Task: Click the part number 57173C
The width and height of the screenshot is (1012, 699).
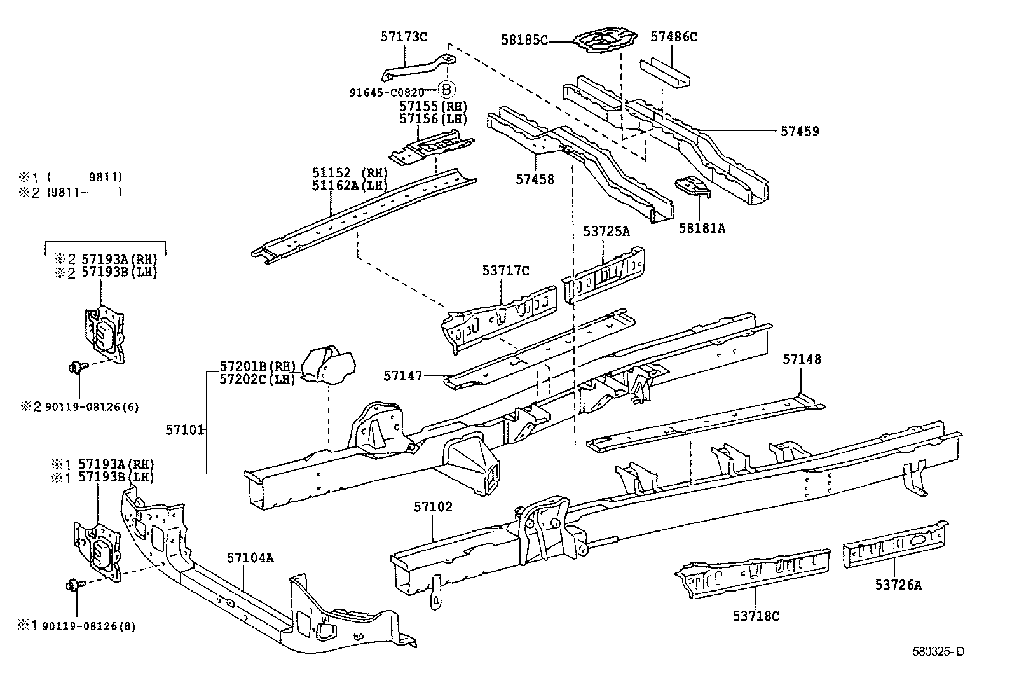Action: pos(404,36)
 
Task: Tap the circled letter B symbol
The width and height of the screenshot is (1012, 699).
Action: pos(446,90)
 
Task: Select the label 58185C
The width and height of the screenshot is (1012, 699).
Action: pos(524,40)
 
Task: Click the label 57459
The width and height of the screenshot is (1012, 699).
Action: pos(800,132)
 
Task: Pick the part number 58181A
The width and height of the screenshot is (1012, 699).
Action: pos(702,228)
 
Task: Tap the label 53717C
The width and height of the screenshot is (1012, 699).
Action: pos(505,272)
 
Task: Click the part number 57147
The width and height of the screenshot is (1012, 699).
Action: pos(403,376)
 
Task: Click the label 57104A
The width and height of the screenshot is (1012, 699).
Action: pos(250,558)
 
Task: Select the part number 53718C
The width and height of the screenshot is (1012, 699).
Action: pos(756,615)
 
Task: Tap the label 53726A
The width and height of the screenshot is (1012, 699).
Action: pos(898,585)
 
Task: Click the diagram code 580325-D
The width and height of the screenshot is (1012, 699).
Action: pos(938,651)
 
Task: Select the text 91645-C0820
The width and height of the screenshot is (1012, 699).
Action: pos(386,92)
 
